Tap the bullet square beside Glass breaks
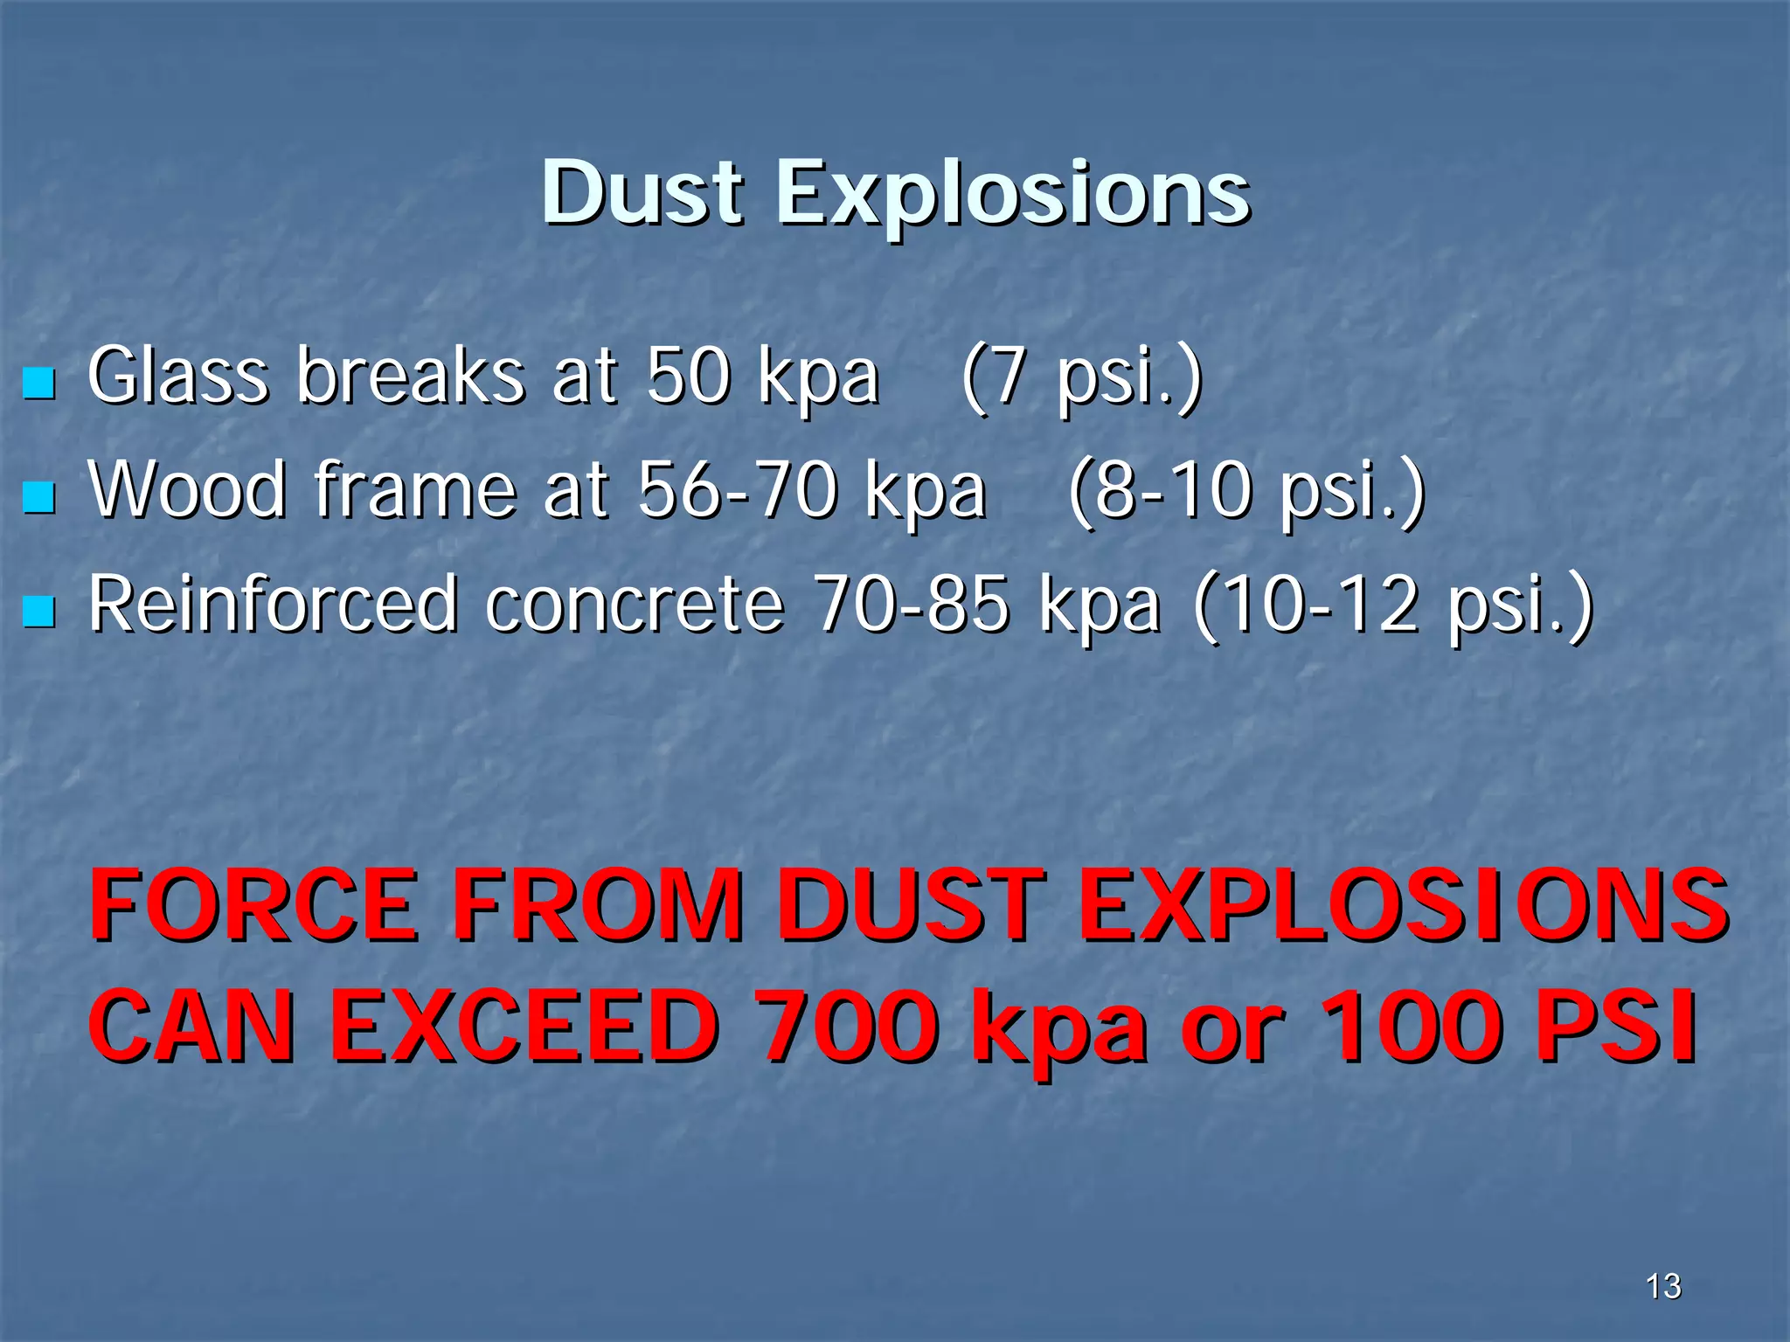(38, 383)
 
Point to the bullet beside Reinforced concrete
(38, 611)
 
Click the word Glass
(178, 377)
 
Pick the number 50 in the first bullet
(689, 377)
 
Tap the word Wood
(188, 490)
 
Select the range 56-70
(736, 490)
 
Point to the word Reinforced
(273, 605)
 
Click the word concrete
(635, 605)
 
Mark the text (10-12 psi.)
(1393, 606)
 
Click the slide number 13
(1663, 1286)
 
